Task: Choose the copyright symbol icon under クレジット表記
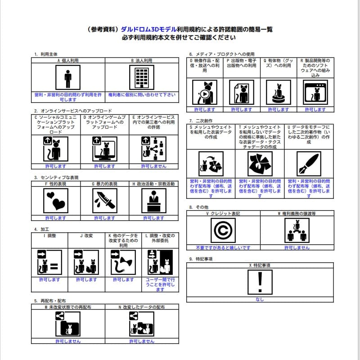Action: pyautogui.click(x=223, y=230)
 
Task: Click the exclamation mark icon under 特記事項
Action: pyautogui.click(x=260, y=283)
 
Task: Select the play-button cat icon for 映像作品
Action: pyautogui.click(x=204, y=93)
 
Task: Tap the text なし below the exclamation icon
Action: pyautogui.click(x=260, y=299)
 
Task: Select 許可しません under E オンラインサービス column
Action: pyautogui.click(x=153, y=166)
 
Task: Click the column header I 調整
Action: pyautogui.click(x=48, y=235)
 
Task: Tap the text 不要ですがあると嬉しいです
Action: pyautogui.click(x=223, y=247)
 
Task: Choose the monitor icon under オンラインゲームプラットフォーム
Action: pyautogui.click(x=105, y=149)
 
